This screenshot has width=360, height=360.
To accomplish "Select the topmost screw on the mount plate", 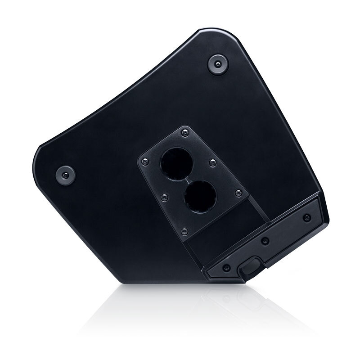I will point(183,132).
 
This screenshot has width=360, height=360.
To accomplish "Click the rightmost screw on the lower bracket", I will point(307,218).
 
